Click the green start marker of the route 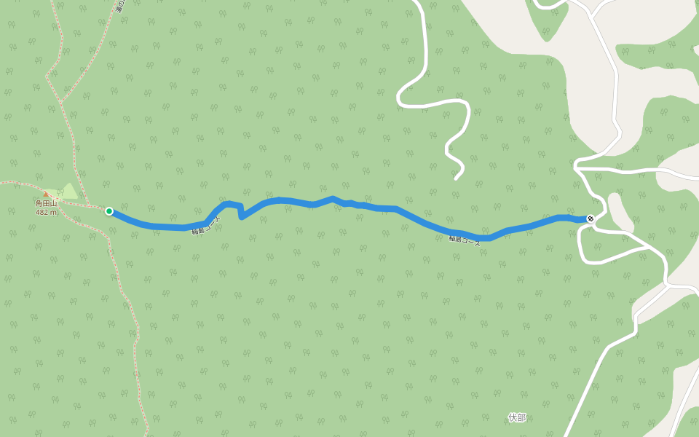(109, 211)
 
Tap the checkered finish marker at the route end (591, 219)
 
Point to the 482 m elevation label (47, 213)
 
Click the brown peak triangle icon (46, 194)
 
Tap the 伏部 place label (517, 417)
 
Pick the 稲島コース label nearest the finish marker (465, 240)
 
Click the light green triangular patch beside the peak (69, 192)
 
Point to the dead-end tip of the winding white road (456, 178)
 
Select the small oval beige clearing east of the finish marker (619, 211)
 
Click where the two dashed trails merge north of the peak (60, 102)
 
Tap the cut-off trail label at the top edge (120, 6)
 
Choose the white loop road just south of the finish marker (582, 248)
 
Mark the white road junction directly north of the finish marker (576, 168)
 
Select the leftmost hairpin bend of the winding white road (400, 97)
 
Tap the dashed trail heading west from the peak (15, 182)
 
